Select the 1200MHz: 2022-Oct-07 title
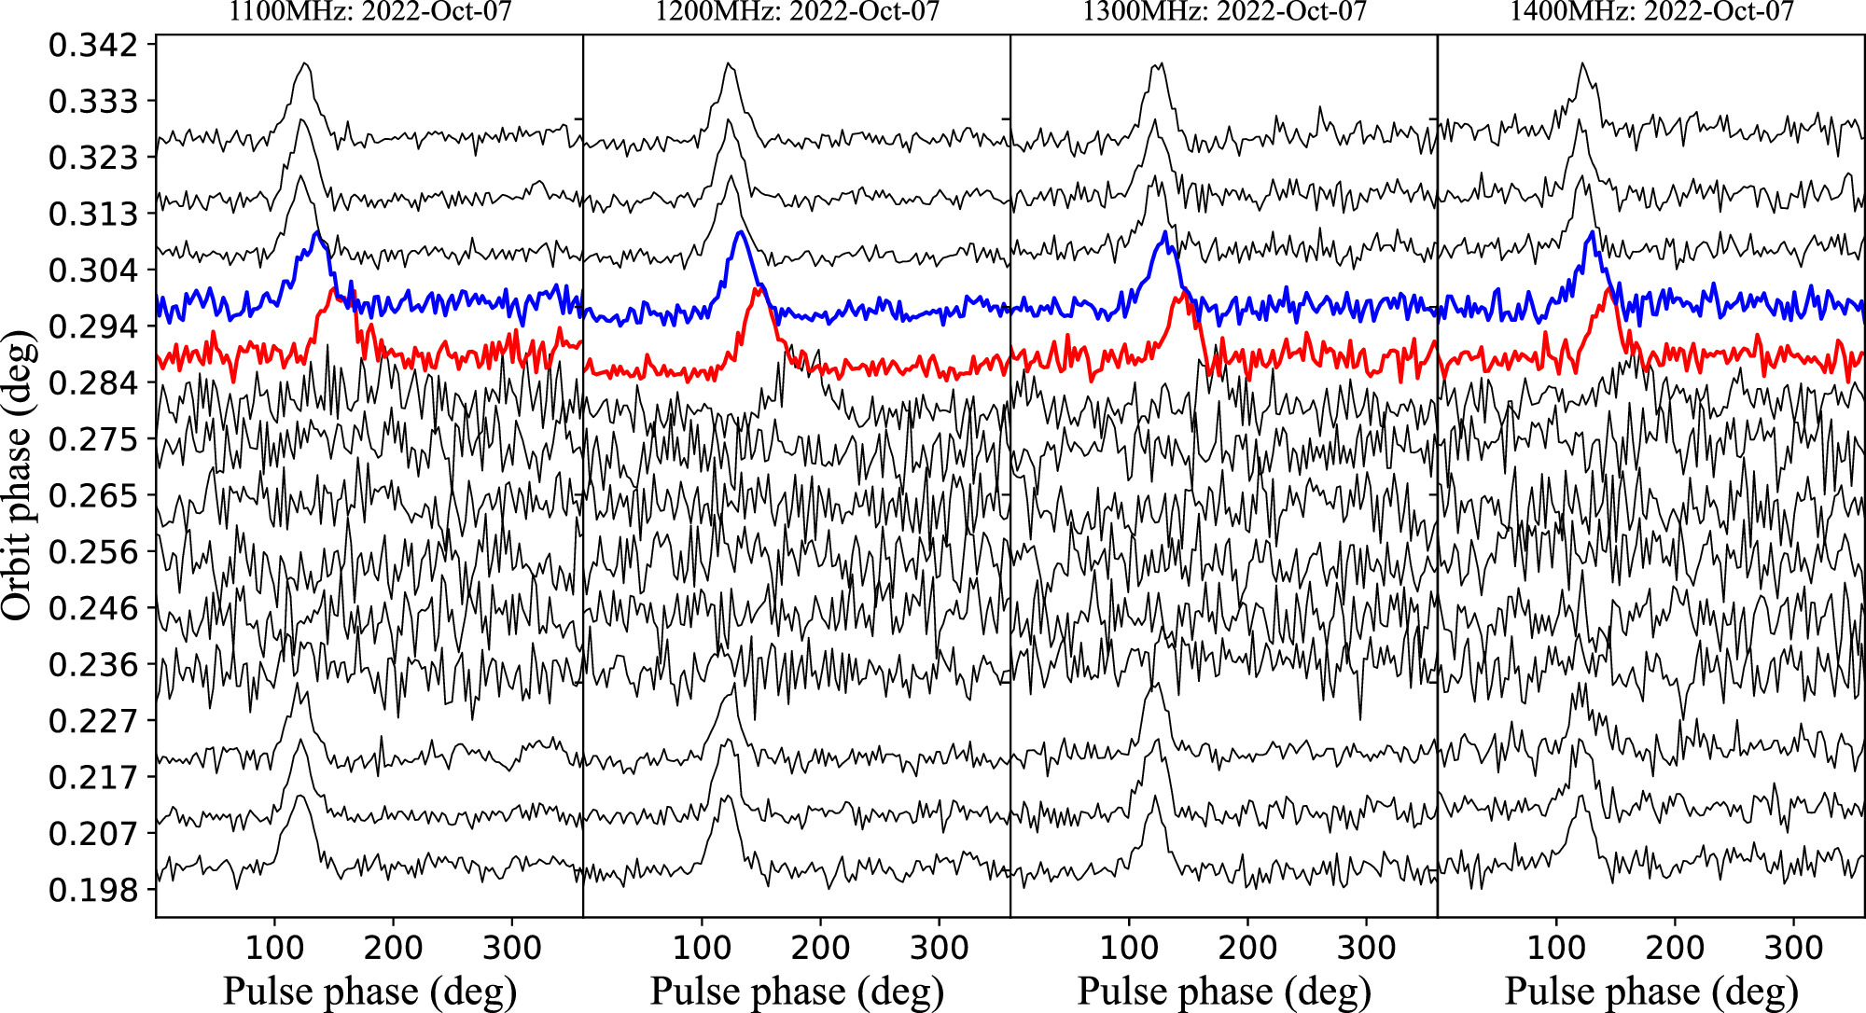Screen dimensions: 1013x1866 pyautogui.click(x=797, y=11)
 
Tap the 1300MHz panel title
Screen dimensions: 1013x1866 pyautogui.click(x=1224, y=11)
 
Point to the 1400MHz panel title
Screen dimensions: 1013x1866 pyautogui.click(x=1651, y=11)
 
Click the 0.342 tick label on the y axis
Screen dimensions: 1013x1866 pyautogui.click(x=92, y=45)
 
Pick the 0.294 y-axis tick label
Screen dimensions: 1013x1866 pyautogui.click(x=92, y=326)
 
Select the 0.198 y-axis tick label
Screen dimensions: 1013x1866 pyautogui.click(x=92, y=890)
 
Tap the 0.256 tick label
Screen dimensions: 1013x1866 pyautogui.click(x=92, y=552)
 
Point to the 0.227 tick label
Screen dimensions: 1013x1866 pyautogui.click(x=92, y=721)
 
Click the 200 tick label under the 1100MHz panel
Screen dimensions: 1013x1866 pyautogui.click(x=393, y=948)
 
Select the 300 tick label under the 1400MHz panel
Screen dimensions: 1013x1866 pyautogui.click(x=1793, y=948)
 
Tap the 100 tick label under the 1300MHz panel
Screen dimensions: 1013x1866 pyautogui.click(x=1129, y=948)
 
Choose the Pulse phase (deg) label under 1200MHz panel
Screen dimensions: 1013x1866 pyautogui.click(x=797, y=992)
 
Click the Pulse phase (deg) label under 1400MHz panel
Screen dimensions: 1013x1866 pyautogui.click(x=1651, y=992)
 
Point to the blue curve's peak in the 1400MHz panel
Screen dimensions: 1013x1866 pyautogui.click(x=1591, y=231)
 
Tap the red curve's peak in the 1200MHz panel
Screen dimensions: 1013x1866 pyautogui.click(x=759, y=289)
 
